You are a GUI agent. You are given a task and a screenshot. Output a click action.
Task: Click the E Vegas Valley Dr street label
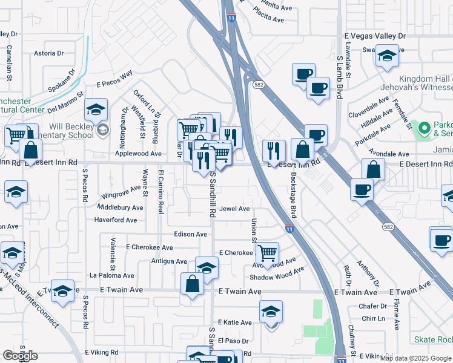click(374, 36)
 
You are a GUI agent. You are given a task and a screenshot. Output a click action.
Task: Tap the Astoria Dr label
click(45, 53)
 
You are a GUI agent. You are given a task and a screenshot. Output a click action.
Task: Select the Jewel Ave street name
click(234, 209)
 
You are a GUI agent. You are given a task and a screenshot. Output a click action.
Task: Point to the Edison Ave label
click(191, 234)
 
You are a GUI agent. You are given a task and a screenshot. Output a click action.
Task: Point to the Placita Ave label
click(268, 19)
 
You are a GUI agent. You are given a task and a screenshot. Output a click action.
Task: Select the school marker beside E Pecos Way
click(96, 110)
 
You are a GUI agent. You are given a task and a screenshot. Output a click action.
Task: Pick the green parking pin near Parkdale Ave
click(425, 128)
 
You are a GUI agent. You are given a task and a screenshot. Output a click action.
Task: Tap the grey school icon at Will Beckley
click(103, 129)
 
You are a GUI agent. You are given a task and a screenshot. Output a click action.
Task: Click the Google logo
click(20, 355)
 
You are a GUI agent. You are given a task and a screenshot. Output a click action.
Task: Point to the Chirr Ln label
click(369, 318)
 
